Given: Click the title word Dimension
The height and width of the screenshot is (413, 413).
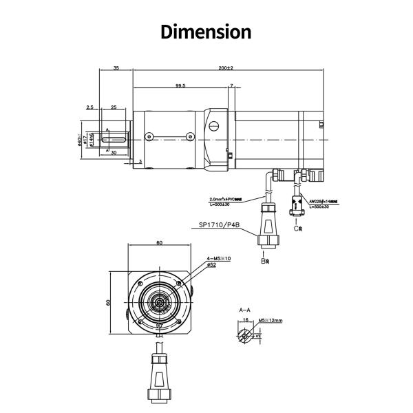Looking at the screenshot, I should click(x=206, y=31).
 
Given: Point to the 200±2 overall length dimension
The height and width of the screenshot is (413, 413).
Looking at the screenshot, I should click(x=225, y=68).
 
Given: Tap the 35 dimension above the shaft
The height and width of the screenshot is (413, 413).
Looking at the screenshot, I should click(x=116, y=68).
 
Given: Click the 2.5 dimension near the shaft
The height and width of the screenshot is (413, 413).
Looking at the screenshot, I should click(x=89, y=107).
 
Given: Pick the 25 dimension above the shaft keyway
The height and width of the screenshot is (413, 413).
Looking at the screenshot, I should click(x=113, y=107).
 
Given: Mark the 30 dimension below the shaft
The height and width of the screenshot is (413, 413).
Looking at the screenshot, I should click(x=114, y=153).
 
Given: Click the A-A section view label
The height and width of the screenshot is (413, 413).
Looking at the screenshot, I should click(x=244, y=310).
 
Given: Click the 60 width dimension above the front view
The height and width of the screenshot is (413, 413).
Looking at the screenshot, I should click(x=159, y=243).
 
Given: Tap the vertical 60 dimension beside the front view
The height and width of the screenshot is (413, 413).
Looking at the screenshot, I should click(x=108, y=301).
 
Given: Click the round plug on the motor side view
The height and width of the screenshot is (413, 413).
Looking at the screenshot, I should click(x=213, y=127).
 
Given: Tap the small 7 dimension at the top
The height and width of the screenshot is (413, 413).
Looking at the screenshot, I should click(x=232, y=86).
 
